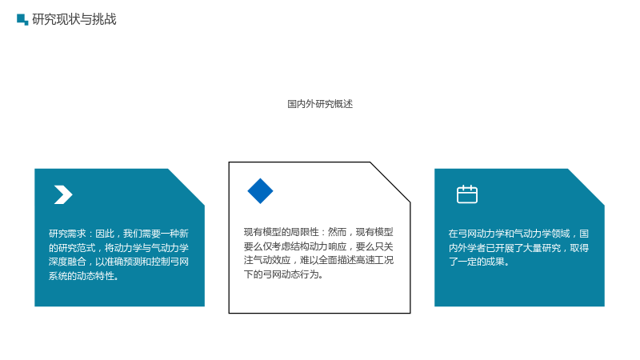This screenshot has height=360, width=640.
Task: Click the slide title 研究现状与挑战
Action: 74,19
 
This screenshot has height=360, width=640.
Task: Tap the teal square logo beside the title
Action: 22,19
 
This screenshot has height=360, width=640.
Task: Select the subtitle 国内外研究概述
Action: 320,104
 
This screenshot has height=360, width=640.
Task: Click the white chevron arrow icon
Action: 63,194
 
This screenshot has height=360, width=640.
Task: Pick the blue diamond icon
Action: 261,191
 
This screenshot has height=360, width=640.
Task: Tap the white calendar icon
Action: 467,194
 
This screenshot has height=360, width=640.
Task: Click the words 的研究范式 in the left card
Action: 72,248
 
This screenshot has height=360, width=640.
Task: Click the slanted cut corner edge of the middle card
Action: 390,182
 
